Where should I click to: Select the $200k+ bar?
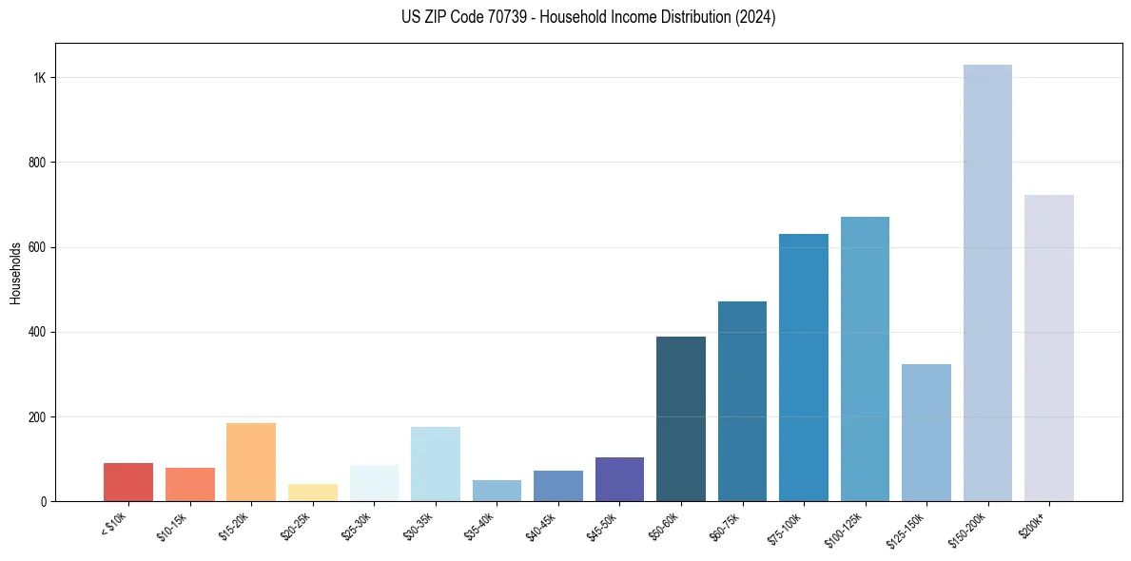[x=1048, y=348]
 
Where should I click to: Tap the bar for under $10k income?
[x=128, y=482]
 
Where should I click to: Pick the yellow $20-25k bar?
[x=312, y=493]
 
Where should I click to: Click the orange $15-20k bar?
[x=251, y=462]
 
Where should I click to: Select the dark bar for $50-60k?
[x=681, y=418]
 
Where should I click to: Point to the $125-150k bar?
[x=926, y=433]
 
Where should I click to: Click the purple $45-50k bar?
[x=619, y=479]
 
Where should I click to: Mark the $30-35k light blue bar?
[x=436, y=464]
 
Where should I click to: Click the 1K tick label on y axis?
[x=40, y=78]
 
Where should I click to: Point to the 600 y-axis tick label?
[x=37, y=247]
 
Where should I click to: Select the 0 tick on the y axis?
[x=43, y=501]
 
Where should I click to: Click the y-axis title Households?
[x=15, y=273]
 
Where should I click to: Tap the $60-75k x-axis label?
[x=726, y=524]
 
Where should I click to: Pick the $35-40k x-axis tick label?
[x=480, y=524]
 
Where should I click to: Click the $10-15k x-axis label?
[x=173, y=524]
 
